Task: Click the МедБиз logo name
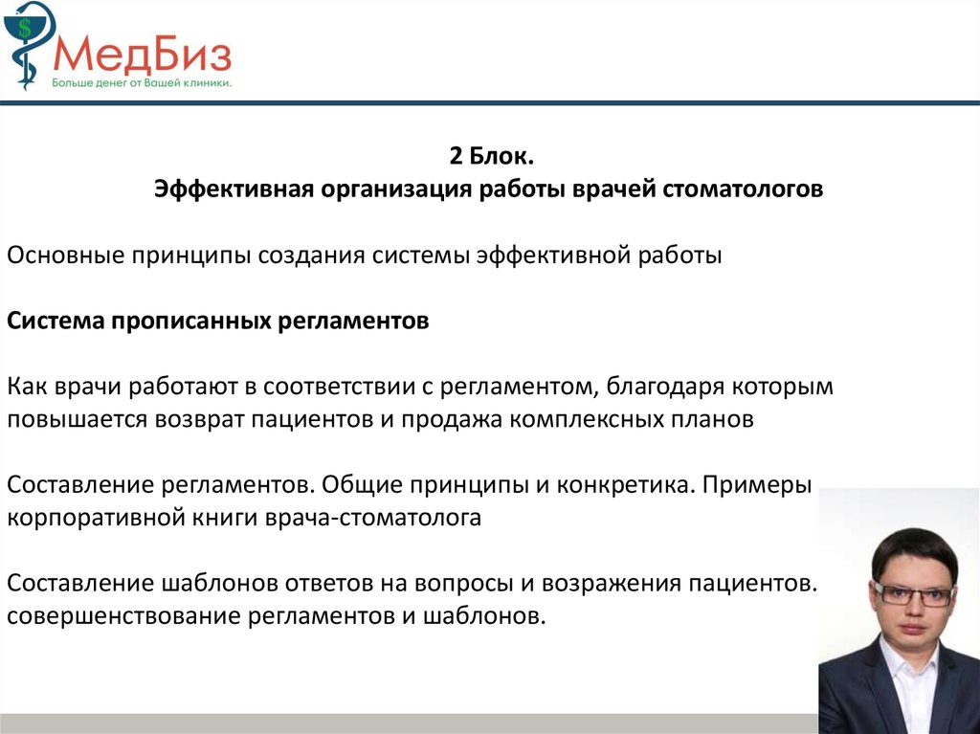tap(143, 54)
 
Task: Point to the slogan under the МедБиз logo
tap(142, 82)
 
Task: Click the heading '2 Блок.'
tap(491, 156)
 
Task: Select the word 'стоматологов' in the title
tap(743, 189)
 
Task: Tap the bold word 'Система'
tap(55, 321)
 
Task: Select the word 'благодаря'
tap(664, 387)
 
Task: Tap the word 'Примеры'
tap(757, 485)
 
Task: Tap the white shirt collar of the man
tap(908, 664)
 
